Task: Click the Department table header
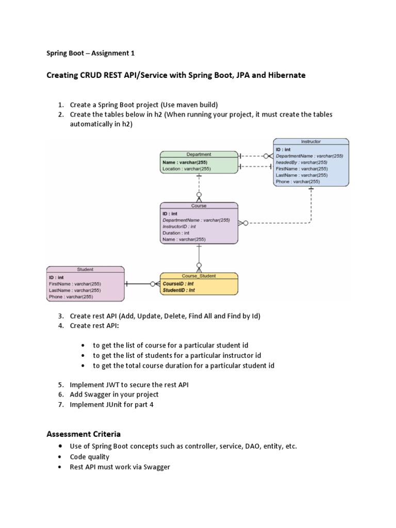tap(199, 154)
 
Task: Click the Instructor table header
tap(310, 141)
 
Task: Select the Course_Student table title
tap(199, 276)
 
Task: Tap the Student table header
tap(85, 269)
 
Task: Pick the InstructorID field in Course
tap(179, 226)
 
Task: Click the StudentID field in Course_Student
tap(178, 290)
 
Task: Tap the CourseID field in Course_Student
tap(178, 284)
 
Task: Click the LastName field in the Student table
tap(75, 290)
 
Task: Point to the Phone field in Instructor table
tap(298, 181)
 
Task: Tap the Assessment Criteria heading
tap(84, 434)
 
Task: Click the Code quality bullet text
tap(90, 457)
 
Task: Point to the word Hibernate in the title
tap(286, 75)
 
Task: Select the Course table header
tap(199, 206)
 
